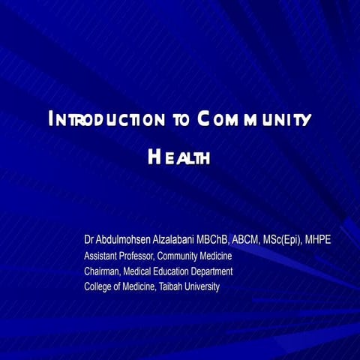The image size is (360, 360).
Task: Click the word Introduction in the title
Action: coord(105,119)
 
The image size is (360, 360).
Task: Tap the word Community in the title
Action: coord(254,119)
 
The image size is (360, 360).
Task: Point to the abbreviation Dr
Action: coord(89,240)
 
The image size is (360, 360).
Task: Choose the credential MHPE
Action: coord(318,240)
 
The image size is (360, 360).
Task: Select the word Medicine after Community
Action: coord(216,256)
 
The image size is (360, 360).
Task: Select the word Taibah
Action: coord(172,287)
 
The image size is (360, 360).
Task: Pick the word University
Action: coord(203,287)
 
